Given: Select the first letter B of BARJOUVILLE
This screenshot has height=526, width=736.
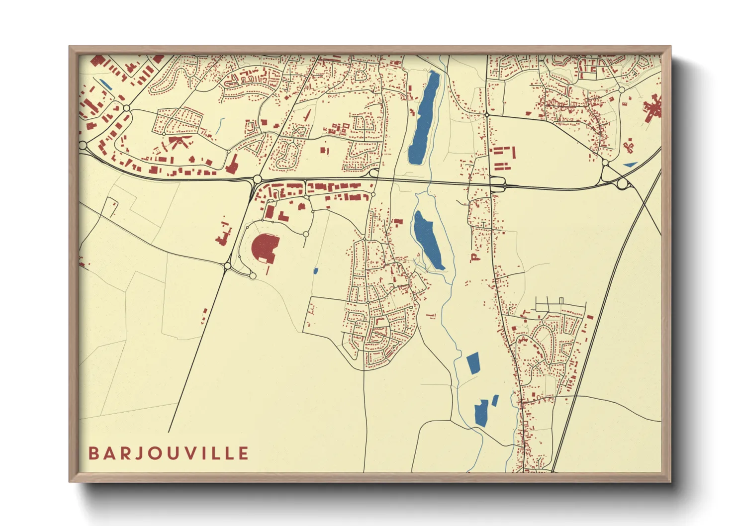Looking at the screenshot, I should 93,453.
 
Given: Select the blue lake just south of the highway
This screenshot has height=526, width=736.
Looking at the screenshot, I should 428,239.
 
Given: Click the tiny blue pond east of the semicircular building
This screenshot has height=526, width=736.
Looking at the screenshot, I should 316,271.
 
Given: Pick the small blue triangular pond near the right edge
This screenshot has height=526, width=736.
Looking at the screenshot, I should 630,165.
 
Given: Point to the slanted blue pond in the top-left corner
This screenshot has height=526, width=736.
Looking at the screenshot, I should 106,85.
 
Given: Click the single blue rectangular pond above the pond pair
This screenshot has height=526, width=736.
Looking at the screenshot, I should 472,363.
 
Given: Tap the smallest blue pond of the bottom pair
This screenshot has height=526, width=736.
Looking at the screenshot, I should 495,400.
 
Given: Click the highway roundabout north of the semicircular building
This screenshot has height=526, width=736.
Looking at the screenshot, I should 257,179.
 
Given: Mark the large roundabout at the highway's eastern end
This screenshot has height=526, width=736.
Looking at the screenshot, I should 622,184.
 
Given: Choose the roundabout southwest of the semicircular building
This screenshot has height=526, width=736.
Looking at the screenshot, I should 228,266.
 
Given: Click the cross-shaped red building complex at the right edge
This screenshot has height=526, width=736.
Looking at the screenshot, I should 652,108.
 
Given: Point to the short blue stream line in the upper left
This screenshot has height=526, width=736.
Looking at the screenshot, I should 219,126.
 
